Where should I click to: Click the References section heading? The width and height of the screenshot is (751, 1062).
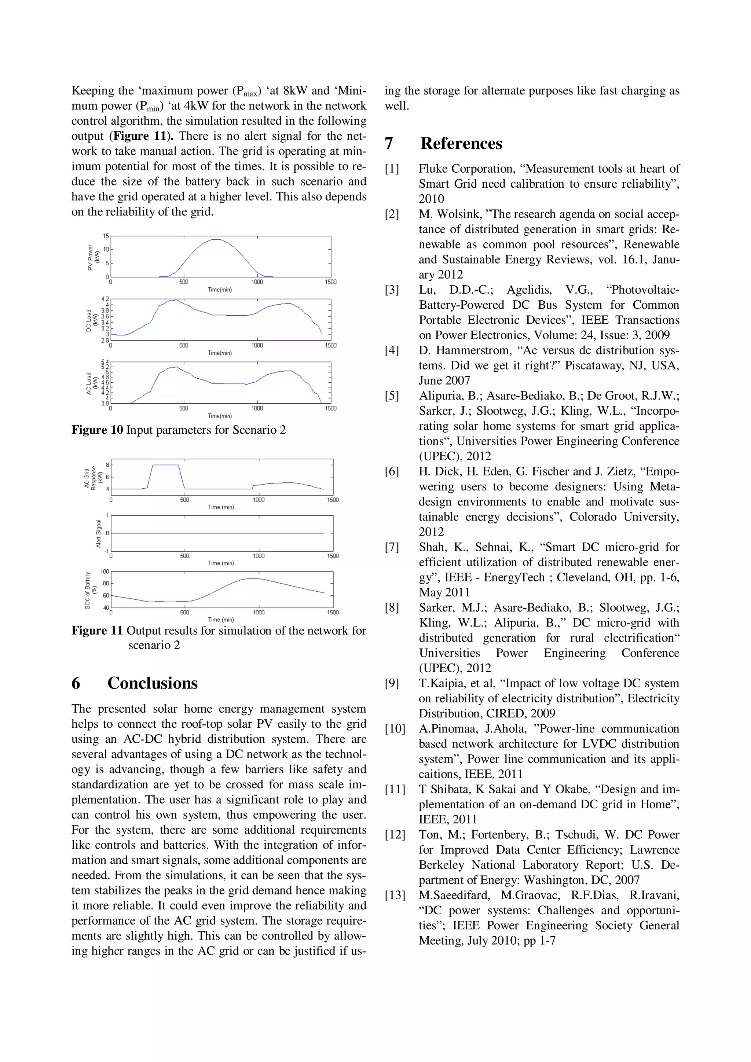coord(461,143)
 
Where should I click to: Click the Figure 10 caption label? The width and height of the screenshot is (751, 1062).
coord(97,430)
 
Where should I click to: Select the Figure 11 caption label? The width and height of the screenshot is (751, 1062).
coord(97,631)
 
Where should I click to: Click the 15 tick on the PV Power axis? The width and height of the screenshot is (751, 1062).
coord(106,236)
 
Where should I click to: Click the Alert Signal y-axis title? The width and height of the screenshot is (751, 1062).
coord(98,533)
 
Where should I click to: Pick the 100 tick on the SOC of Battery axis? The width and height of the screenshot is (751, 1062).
coord(105,572)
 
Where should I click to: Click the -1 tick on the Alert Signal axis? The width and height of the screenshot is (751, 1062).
coord(106,551)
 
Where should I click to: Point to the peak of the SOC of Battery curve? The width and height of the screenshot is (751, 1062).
coord(252,578)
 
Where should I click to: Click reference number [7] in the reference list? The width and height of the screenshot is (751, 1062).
coord(392,547)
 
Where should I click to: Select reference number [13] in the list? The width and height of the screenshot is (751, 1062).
coord(395,895)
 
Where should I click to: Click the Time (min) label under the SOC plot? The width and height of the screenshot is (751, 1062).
coord(221,619)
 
